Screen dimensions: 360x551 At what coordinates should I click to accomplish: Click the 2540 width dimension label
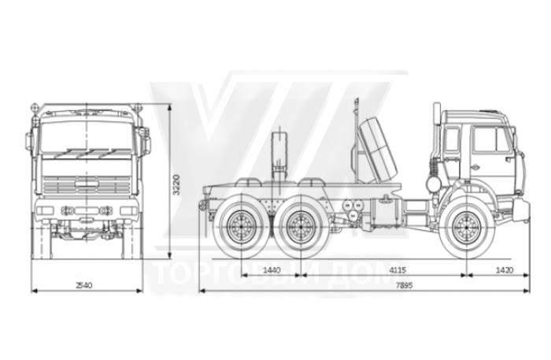(x=84, y=284)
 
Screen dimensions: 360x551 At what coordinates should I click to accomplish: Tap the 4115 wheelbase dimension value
(x=398, y=270)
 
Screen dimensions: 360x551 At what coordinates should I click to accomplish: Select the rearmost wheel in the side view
(x=238, y=227)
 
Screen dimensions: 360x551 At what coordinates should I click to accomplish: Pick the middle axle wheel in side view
(x=298, y=227)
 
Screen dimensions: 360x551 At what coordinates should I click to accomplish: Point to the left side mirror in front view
(x=31, y=142)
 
